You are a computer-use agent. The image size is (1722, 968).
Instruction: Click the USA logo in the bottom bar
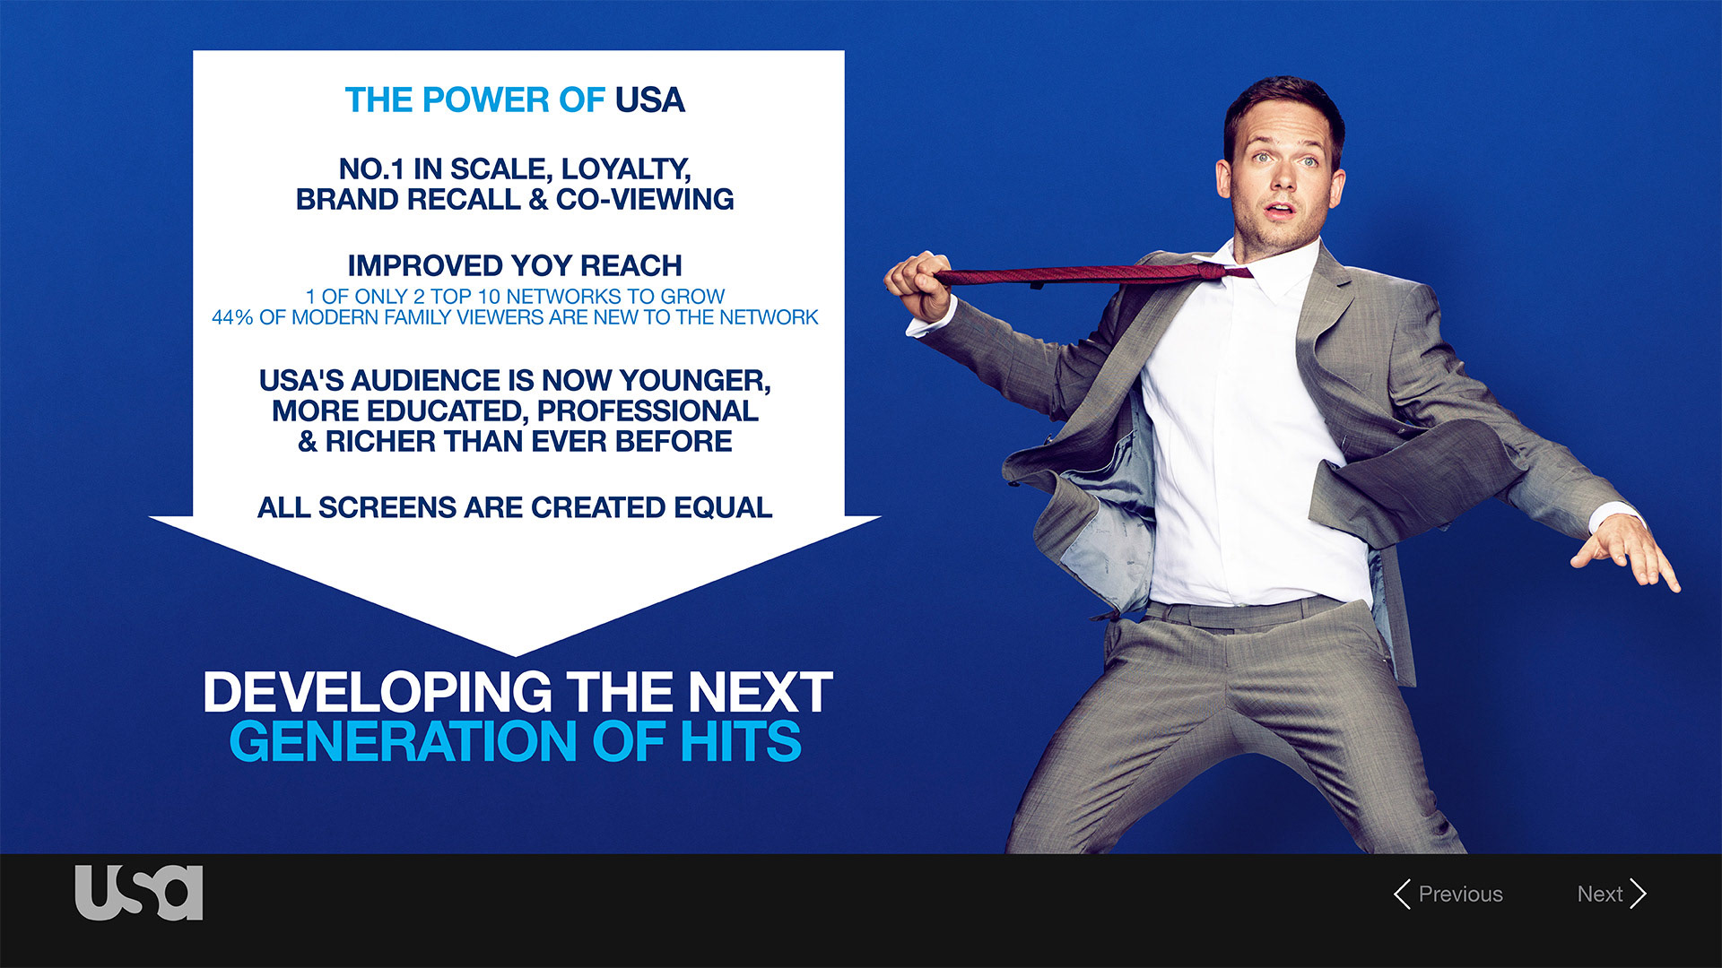[x=139, y=893]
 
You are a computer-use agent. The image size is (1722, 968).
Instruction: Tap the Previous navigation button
[x=1448, y=894]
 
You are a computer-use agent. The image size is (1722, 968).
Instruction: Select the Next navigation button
[x=1612, y=894]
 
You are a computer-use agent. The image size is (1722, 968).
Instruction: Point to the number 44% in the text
[x=231, y=317]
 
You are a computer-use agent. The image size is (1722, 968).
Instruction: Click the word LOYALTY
[x=625, y=169]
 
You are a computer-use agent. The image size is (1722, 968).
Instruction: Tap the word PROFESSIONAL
[x=648, y=411]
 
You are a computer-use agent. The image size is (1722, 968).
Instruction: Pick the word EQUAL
[x=723, y=507]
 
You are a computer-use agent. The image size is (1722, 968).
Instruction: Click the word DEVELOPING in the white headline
[x=378, y=692]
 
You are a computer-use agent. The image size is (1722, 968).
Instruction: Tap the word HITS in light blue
[x=740, y=741]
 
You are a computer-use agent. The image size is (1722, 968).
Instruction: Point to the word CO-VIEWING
[x=645, y=199]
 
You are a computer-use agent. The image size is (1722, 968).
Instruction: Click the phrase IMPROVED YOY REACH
[x=515, y=266]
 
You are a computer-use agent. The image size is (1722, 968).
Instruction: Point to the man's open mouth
[x=1280, y=210]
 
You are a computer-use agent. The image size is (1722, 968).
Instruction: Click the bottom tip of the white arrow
[x=516, y=655]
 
